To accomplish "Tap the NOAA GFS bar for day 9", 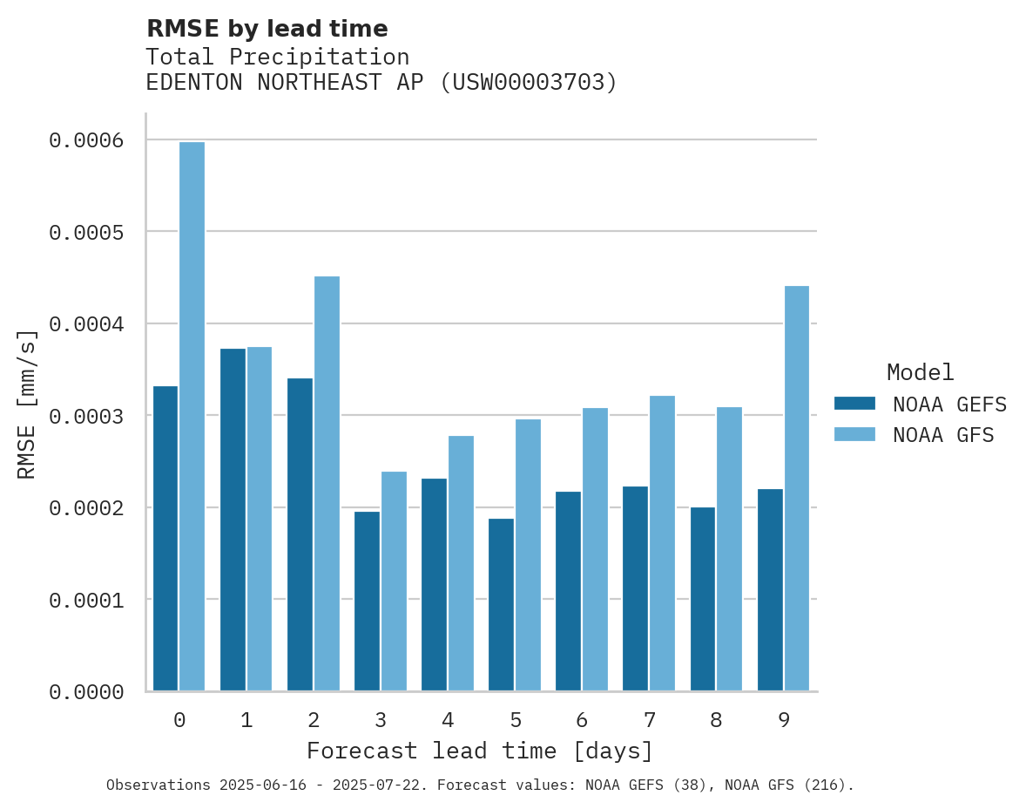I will point(796,488).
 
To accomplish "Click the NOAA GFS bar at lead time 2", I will point(327,483).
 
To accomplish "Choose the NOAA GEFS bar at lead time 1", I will point(233,520).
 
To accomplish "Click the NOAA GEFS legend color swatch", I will point(854,404).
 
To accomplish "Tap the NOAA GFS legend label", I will point(942,435).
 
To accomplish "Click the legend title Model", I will point(920,372).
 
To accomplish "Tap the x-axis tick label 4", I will point(448,720).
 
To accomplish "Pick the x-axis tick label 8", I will point(716,720).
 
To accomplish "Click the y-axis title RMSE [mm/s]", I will point(27,404).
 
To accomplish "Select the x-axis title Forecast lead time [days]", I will point(480,751).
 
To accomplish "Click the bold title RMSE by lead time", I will point(267,29).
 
